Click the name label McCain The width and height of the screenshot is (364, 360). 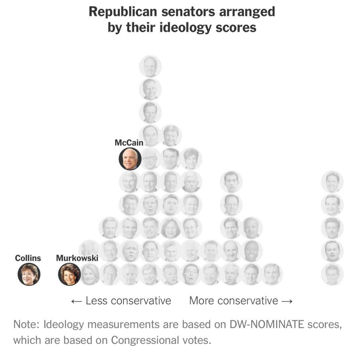pyautogui.click(x=129, y=143)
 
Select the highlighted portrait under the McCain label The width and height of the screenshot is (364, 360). pyautogui.click(x=130, y=159)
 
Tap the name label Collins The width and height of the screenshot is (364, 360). pyautogui.click(x=28, y=258)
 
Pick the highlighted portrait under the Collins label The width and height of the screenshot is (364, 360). pyautogui.click(x=29, y=274)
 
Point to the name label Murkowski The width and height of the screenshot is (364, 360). pyautogui.click(x=77, y=258)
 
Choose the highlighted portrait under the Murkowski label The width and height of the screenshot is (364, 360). pyautogui.click(x=69, y=274)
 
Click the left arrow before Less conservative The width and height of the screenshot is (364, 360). pyautogui.click(x=76, y=301)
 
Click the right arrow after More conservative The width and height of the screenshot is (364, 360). pyautogui.click(x=287, y=301)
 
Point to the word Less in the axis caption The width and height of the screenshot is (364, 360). pyautogui.click(x=97, y=300)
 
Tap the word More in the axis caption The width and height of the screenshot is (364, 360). pyautogui.click(x=202, y=300)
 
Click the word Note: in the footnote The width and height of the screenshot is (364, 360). pyautogui.click(x=26, y=324)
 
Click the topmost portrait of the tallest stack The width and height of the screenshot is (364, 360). pyautogui.click(x=150, y=67)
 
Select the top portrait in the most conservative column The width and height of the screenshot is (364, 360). pyautogui.click(x=332, y=182)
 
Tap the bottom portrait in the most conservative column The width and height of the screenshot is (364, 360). pyautogui.click(x=332, y=274)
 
